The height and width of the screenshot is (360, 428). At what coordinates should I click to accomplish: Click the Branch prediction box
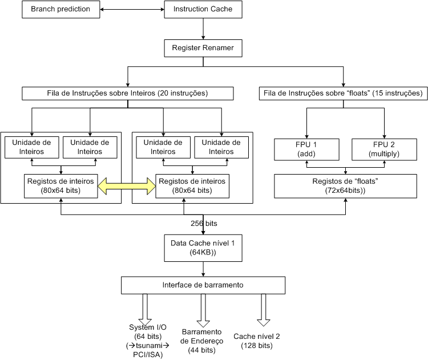click(x=60, y=9)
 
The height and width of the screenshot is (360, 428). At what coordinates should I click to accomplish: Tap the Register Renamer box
click(x=203, y=48)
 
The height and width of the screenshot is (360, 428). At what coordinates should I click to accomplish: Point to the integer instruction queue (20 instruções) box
click(x=127, y=93)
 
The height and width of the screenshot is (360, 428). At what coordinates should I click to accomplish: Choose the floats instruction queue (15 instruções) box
click(x=343, y=93)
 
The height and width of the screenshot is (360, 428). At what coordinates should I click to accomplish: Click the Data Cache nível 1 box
click(x=203, y=246)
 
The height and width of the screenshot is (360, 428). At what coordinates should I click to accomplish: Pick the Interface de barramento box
click(x=203, y=285)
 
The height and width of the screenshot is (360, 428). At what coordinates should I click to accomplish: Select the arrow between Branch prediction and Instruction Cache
click(x=131, y=9)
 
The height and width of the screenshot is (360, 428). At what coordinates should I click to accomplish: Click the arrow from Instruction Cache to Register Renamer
click(x=203, y=29)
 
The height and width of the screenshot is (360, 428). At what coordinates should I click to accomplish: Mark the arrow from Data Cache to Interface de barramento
click(x=203, y=268)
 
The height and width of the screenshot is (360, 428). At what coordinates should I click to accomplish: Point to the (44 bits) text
click(x=202, y=350)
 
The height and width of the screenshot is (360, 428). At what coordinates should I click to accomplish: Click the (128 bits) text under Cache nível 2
click(x=257, y=345)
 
